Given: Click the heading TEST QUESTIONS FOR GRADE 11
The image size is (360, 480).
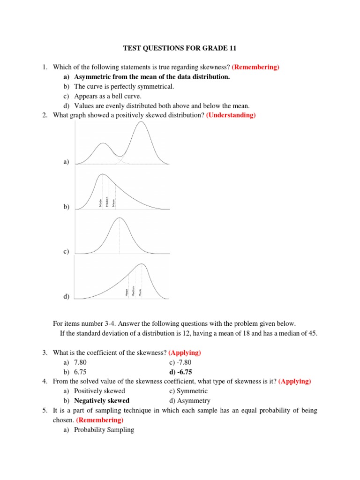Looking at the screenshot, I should pos(180,48).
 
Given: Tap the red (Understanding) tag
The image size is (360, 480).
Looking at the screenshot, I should pos(231,115).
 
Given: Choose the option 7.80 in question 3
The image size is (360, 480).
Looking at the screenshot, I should pos(80,362).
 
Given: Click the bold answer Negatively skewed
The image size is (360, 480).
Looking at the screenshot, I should pos(102,400).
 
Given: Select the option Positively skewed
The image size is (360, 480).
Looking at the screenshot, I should pos(99,391).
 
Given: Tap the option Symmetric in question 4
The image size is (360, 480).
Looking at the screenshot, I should pos(192,391).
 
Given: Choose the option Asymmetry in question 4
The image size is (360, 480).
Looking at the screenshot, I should pos(194,400).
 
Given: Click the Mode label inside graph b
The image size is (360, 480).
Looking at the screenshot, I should pos(101,202).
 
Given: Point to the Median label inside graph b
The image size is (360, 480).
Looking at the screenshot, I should pos(107,202).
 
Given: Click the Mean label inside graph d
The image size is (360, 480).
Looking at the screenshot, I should pos(127,292).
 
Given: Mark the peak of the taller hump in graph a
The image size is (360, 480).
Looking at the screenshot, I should pos(140,122).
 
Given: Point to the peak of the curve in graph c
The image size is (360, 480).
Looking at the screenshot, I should pos(120,218).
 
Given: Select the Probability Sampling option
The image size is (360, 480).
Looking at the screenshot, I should pos(104,429).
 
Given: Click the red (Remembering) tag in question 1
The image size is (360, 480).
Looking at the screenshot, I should pos(255,67).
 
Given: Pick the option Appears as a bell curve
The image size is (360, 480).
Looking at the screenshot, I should pos(101,96).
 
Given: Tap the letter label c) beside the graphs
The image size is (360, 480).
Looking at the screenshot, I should pos(66,252).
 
